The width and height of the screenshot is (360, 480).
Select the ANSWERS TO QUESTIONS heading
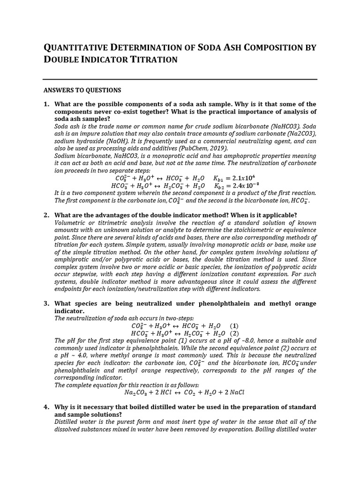(82, 90)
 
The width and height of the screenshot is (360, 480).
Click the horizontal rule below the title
(180, 79)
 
